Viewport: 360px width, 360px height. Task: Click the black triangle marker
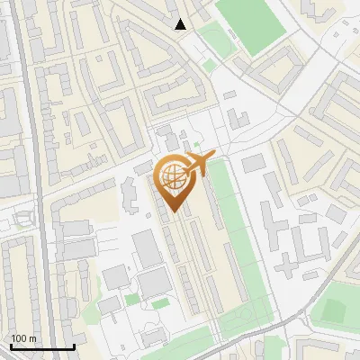[181, 24]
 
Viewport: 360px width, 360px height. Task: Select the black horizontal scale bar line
[42, 346]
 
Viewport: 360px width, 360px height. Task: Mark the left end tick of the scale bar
[11, 345]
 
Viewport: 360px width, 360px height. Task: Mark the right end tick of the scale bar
[74, 345]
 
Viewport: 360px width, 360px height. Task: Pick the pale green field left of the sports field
[215, 40]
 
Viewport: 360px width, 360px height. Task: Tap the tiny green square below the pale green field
[210, 66]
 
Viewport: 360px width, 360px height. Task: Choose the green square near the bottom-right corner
[334, 310]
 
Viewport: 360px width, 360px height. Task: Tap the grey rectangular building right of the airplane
[254, 163]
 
